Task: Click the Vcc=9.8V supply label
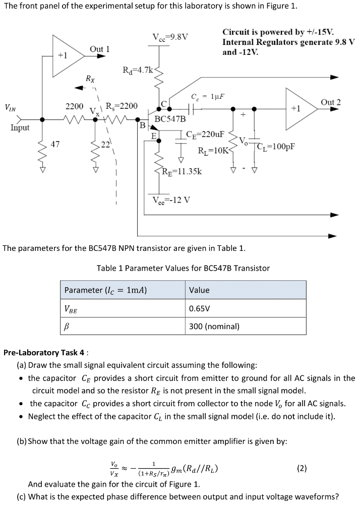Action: (170, 36)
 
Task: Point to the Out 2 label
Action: (331, 102)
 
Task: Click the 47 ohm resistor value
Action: (55, 145)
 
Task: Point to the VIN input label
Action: (10, 107)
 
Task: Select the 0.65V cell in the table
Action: (200, 308)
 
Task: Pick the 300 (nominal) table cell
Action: (214, 327)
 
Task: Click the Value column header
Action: (199, 290)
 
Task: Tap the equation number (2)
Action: (302, 468)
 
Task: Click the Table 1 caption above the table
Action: (183, 268)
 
